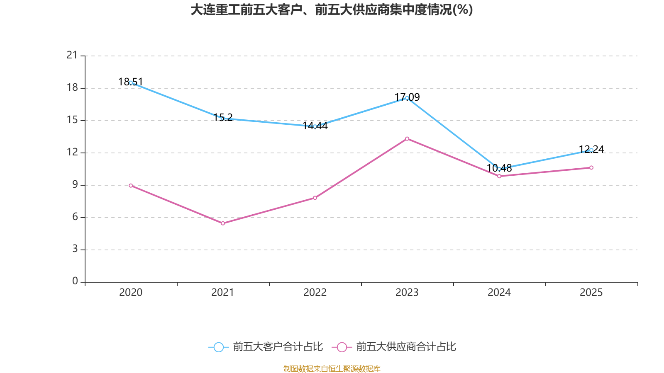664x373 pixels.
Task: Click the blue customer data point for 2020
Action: click(131, 82)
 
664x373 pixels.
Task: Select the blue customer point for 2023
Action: click(407, 98)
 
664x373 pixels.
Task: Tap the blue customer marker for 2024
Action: click(499, 169)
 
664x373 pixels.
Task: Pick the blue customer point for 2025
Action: click(591, 150)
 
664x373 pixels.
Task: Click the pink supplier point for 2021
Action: click(223, 223)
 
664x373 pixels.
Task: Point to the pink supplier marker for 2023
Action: click(407, 138)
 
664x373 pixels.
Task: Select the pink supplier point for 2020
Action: click(131, 185)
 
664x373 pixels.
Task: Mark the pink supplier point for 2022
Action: click(315, 198)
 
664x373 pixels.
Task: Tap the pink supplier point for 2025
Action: click(591, 167)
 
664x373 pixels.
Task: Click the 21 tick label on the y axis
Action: click(72, 55)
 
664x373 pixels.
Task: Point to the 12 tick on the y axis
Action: click(72, 152)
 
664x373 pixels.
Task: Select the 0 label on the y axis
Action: click(75, 281)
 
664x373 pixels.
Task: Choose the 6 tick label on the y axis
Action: click(75, 217)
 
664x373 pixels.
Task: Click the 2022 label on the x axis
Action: click(315, 293)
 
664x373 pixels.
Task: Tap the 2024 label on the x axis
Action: click(499, 293)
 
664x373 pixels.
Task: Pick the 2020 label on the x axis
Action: click(131, 293)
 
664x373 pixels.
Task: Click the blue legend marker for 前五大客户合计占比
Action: click(218, 347)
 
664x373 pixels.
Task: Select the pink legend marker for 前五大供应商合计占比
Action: click(342, 347)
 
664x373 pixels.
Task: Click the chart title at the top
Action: click(332, 10)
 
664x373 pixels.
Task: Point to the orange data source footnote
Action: click(332, 368)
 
